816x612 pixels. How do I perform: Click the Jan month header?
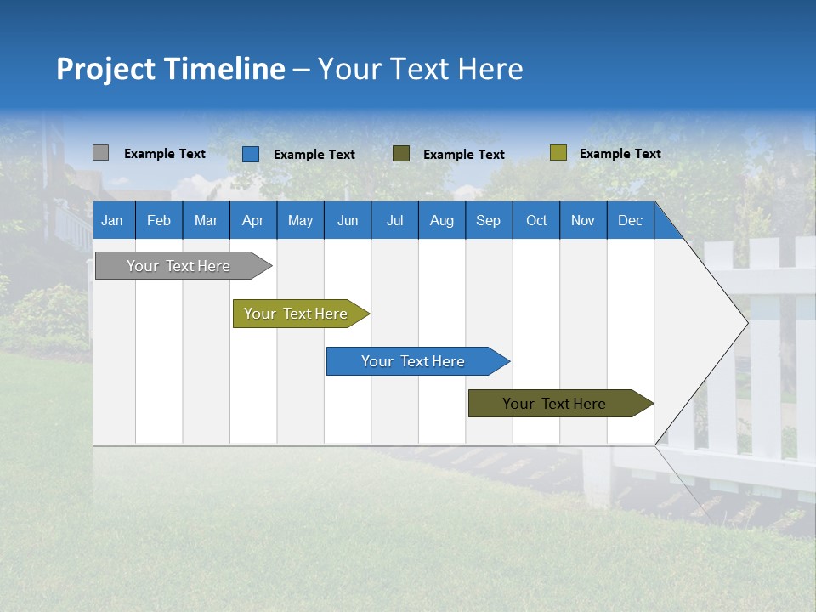point(113,220)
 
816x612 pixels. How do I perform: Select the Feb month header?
point(159,220)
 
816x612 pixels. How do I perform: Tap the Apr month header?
point(253,220)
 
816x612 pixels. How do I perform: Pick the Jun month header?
point(348,220)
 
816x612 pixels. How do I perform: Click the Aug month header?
point(442,220)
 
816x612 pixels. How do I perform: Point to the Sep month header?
point(489,220)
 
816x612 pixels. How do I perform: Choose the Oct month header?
point(536,220)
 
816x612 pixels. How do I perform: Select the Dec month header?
point(631,220)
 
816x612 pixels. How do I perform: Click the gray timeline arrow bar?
point(179,266)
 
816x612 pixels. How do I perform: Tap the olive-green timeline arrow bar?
point(297,314)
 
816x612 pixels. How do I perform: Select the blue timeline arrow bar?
point(414,361)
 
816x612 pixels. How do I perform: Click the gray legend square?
point(100,153)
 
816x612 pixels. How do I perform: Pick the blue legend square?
point(251,154)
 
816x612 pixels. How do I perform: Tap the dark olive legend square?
point(401,154)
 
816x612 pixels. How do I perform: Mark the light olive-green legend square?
point(558,153)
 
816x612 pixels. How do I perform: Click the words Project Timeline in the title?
point(171,69)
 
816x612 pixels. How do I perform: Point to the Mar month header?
point(206,220)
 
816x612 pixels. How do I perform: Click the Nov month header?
point(583,220)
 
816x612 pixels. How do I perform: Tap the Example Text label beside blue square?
point(314,155)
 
